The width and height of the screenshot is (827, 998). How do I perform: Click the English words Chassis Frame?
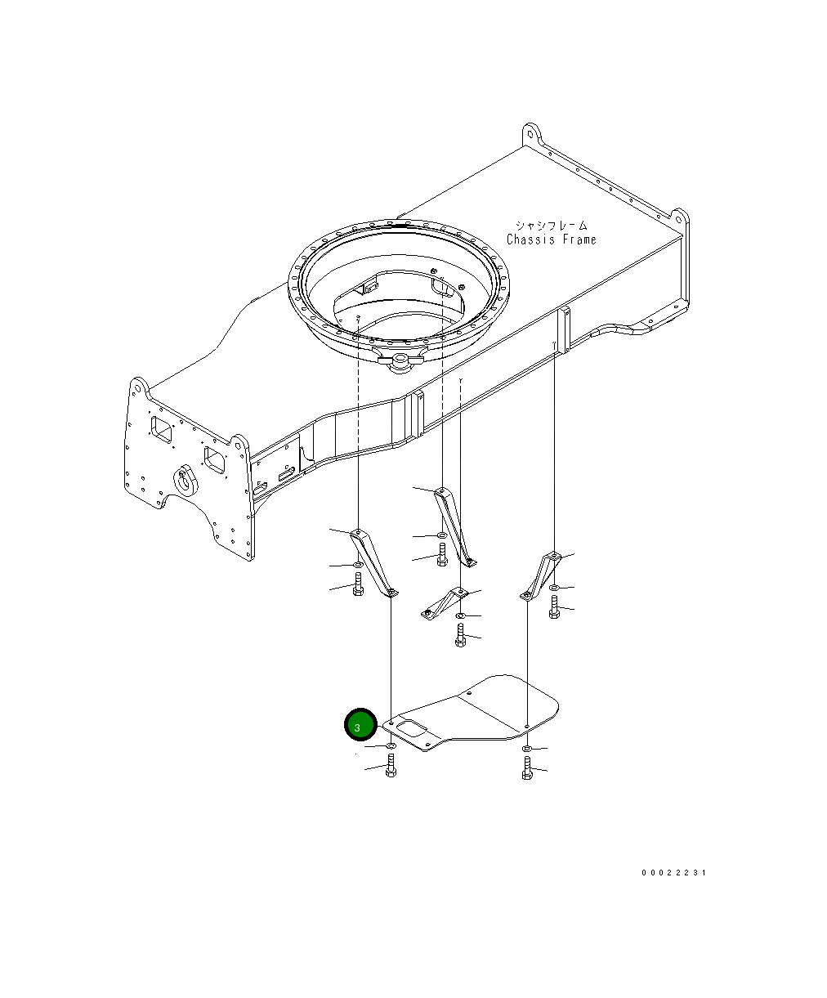(x=551, y=239)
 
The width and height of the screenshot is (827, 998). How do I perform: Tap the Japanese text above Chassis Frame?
(x=551, y=225)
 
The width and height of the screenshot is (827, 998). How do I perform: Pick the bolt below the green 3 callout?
(x=391, y=766)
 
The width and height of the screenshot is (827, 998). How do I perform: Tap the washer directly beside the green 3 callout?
(x=391, y=745)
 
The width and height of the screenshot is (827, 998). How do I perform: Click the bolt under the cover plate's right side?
(x=527, y=768)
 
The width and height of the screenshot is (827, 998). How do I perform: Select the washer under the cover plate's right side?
(x=527, y=749)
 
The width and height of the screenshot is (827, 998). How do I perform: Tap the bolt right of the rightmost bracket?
(x=555, y=606)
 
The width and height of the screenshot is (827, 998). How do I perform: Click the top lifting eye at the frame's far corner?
(x=532, y=133)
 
